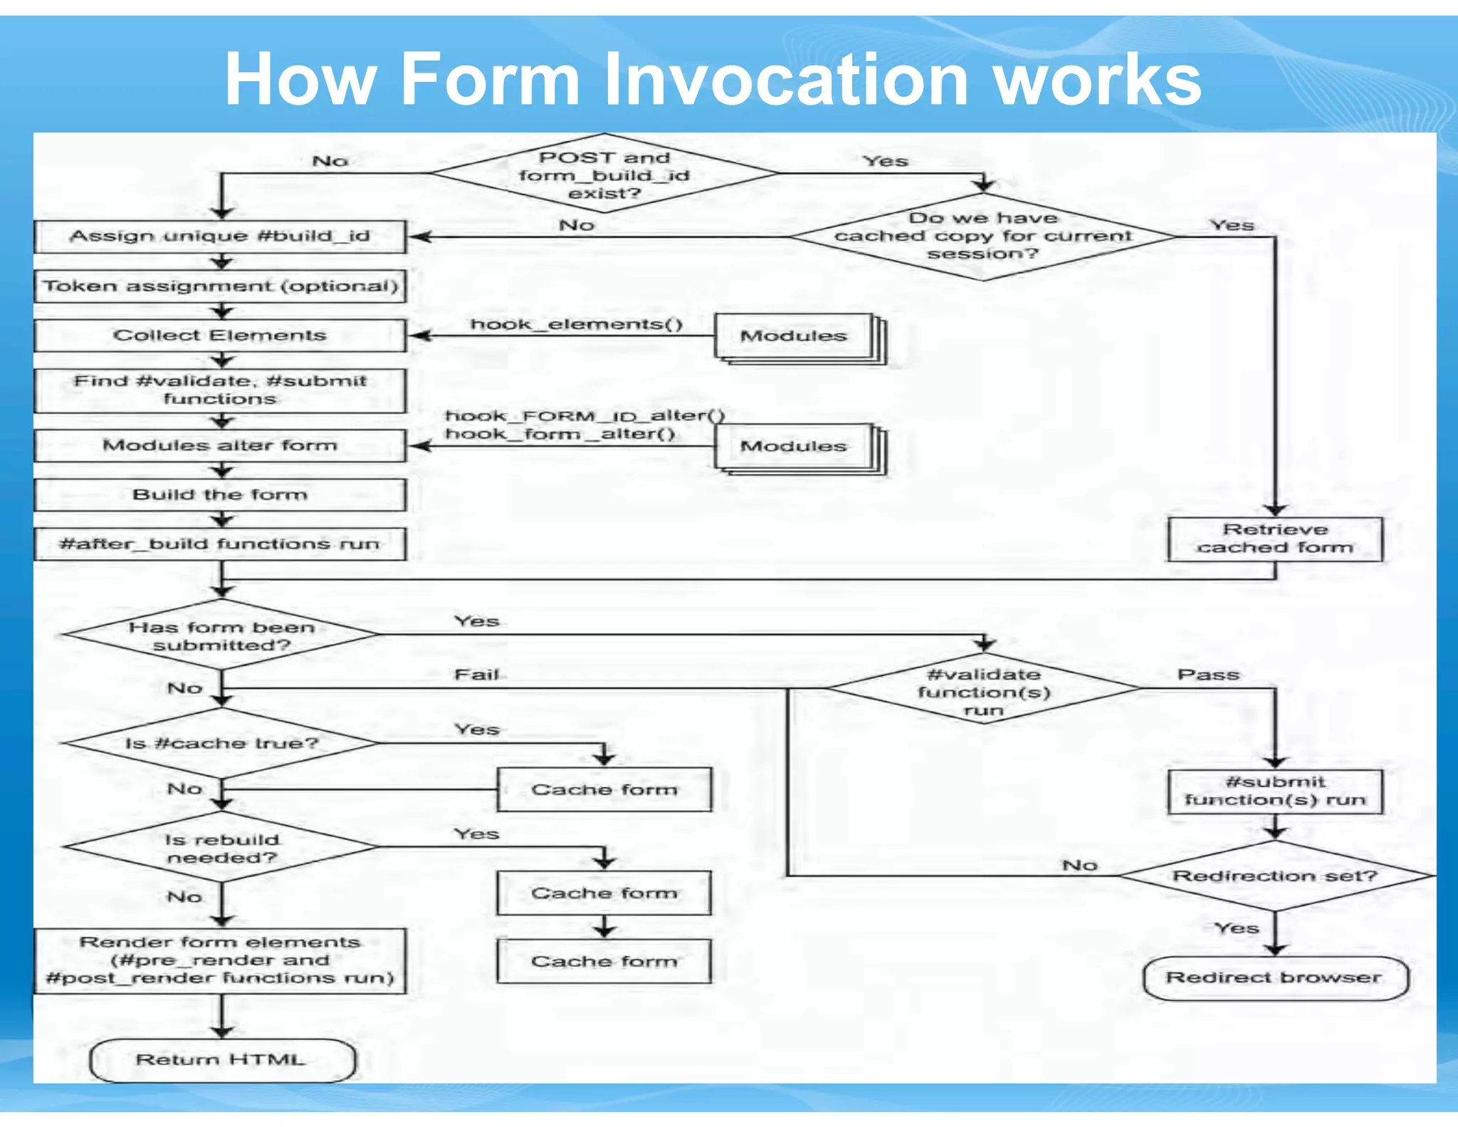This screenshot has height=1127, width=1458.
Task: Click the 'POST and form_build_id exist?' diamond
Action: point(604,175)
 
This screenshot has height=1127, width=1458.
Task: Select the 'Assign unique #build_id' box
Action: point(220,237)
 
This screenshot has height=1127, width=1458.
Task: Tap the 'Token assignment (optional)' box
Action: point(220,286)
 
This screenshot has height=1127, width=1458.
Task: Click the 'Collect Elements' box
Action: point(220,336)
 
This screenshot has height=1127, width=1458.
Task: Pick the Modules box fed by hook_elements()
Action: point(794,336)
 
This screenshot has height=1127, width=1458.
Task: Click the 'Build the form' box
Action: point(220,494)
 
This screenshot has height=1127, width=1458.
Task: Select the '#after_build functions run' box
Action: point(220,544)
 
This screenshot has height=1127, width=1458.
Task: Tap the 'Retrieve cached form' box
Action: point(1274,539)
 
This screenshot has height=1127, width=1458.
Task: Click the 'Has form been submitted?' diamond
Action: point(221,635)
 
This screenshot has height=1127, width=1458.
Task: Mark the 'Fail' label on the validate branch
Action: point(476,674)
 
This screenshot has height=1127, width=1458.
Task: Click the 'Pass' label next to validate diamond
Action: point(1208,675)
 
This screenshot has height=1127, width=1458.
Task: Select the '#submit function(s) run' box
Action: point(1274,791)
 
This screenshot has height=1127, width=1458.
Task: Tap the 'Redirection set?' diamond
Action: point(1274,876)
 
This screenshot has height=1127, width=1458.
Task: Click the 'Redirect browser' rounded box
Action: point(1274,977)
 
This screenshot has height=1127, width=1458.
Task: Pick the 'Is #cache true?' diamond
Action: point(221,743)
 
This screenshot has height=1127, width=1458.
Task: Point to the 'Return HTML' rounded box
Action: point(221,1059)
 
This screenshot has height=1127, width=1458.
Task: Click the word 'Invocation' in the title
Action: point(790,80)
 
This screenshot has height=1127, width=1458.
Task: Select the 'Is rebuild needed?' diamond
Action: point(221,848)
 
